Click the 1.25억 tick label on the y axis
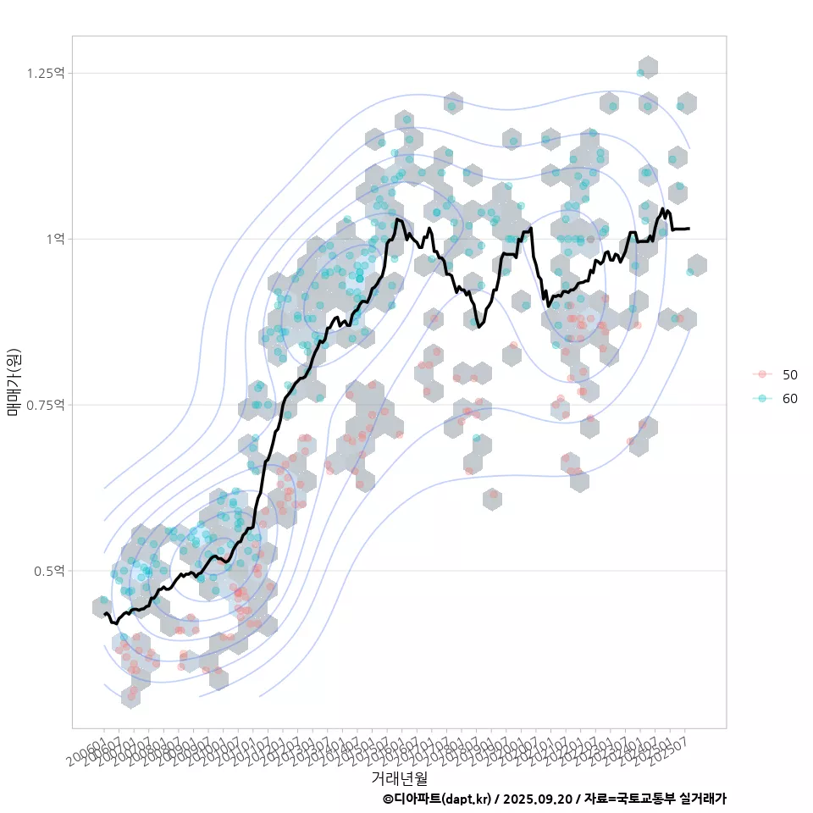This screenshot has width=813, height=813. point(45,73)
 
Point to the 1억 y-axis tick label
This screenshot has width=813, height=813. point(56,239)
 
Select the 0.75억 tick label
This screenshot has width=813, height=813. point(45,405)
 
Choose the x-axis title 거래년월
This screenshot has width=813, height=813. point(399,777)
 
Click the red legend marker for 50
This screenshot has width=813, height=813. point(762,374)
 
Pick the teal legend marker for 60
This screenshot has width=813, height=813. point(762,399)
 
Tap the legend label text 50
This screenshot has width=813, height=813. point(790,374)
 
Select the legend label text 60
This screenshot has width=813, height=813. point(790,399)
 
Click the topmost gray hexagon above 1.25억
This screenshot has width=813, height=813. point(648,68)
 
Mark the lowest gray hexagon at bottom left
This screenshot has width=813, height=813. point(130,696)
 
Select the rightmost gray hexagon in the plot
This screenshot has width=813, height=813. point(696,265)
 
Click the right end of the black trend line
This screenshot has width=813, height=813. point(689,228)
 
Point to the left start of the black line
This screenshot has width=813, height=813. point(104,613)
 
